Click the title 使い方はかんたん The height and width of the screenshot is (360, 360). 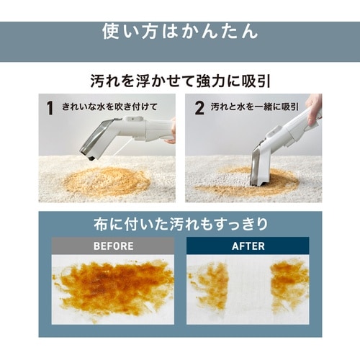180,32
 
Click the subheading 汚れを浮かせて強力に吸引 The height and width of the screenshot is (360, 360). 181,81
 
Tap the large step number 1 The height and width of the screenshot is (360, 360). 50,108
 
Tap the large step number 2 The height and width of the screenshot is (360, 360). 199,108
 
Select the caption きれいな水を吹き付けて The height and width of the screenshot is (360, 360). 109,107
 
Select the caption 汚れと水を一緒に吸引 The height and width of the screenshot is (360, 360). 255,107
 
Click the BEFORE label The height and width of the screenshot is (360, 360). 113,246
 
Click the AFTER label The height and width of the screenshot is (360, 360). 248,246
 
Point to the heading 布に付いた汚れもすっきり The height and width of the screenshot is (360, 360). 181,224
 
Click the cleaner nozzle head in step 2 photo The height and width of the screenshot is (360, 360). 261,166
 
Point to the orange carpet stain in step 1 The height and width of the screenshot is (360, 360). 106,181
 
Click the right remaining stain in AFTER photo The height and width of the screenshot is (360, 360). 289,282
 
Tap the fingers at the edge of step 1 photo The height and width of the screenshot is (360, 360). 172,132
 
